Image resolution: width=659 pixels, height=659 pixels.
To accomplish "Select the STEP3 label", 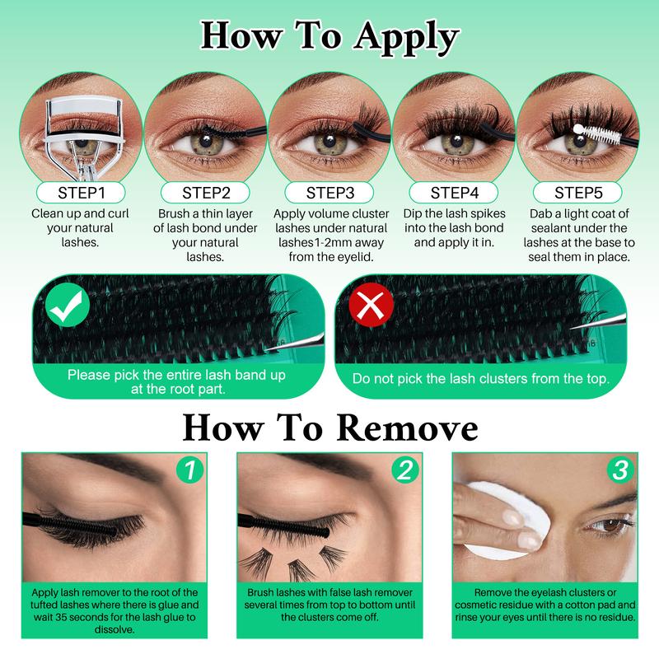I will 329,194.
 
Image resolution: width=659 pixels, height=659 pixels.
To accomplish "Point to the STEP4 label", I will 455,194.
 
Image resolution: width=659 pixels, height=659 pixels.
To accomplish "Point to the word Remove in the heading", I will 409,428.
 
